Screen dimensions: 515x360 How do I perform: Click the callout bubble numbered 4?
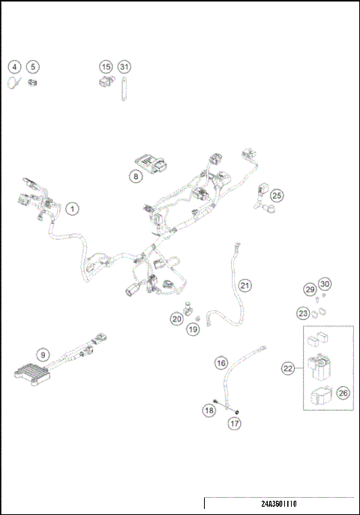[x=15, y=67]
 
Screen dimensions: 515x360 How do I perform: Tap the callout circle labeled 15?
[x=106, y=67]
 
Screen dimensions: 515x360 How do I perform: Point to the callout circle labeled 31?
[x=124, y=67]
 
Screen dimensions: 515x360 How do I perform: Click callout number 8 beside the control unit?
[x=135, y=177]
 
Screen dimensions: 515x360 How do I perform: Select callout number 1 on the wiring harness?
[x=71, y=209]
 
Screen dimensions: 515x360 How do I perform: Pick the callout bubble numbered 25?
[x=277, y=196]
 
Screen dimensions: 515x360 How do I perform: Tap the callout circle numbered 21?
[x=245, y=286]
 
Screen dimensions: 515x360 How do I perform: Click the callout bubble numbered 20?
[x=176, y=319]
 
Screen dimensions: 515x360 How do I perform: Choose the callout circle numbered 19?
[x=193, y=329]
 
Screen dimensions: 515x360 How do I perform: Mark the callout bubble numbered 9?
[x=43, y=355]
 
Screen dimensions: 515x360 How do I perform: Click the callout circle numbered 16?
[x=221, y=363]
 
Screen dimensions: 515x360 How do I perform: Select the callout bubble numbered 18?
[x=209, y=410]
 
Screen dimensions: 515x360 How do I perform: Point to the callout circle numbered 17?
[x=235, y=424]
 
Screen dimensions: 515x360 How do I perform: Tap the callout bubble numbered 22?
[x=287, y=368]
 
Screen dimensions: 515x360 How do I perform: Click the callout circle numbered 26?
[x=343, y=391]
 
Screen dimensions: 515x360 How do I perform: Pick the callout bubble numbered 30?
[x=324, y=284]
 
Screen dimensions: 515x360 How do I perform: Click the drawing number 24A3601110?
[x=279, y=505]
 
